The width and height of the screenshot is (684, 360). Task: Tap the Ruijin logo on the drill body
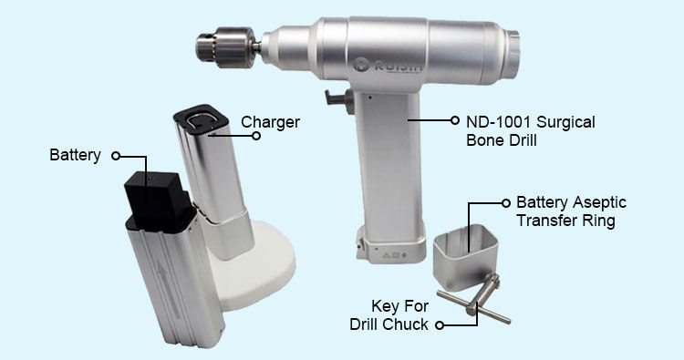(388, 66)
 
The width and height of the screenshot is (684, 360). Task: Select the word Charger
(270, 122)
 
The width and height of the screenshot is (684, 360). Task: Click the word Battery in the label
(75, 155)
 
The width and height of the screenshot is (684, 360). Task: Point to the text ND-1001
(499, 121)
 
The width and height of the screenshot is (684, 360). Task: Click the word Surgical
(565, 121)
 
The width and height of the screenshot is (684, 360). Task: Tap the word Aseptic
(599, 202)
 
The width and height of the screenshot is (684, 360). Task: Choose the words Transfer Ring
(565, 221)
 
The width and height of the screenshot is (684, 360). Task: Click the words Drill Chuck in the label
(389, 324)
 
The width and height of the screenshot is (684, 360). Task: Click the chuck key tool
(475, 300)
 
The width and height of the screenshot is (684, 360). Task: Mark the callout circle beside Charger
(256, 136)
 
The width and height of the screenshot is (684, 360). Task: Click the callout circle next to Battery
(115, 156)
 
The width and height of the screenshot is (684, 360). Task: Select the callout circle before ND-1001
(455, 120)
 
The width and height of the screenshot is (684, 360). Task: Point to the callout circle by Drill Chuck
(440, 325)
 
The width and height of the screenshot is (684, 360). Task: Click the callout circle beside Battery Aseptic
(505, 202)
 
